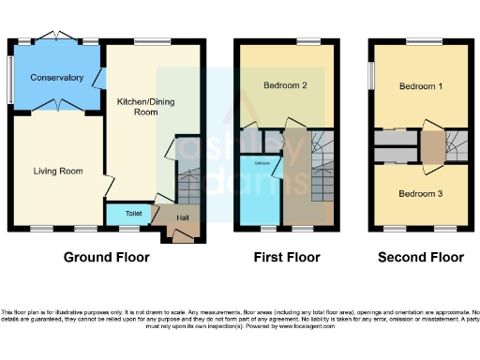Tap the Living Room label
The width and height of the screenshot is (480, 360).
click(x=58, y=171)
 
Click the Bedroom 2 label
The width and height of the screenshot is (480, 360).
click(x=286, y=85)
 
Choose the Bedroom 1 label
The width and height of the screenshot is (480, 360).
click(x=421, y=85)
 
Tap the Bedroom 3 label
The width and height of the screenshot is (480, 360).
click(x=421, y=194)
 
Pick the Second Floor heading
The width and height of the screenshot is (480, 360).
click(x=420, y=257)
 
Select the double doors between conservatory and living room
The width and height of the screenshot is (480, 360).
click(x=58, y=106)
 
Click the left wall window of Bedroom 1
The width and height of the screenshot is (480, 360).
click(x=371, y=74)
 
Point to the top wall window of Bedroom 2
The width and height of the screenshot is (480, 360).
click(x=308, y=42)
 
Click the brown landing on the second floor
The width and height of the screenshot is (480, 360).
click(x=432, y=146)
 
